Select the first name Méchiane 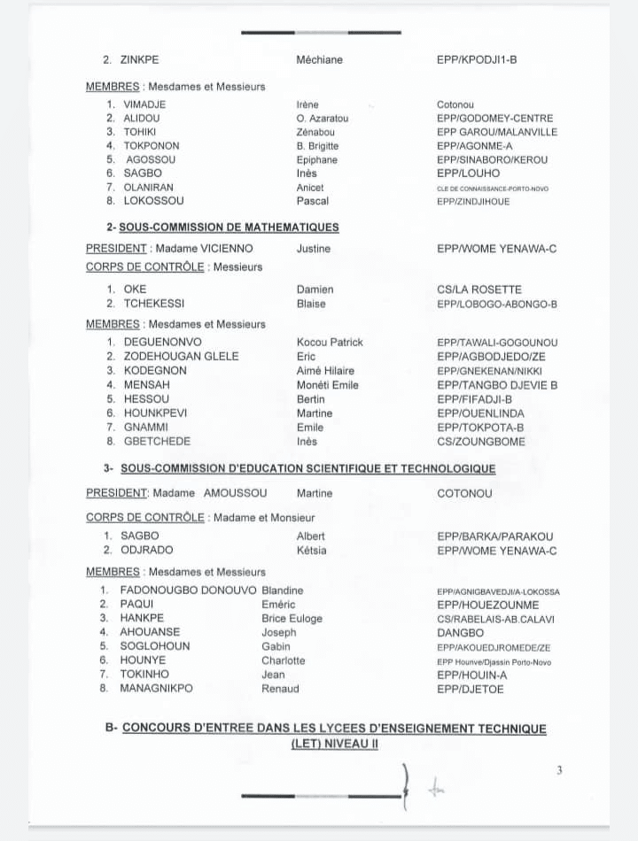[319, 60]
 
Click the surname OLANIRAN [149, 188]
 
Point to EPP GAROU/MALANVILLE [497, 132]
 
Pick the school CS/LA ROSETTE [479, 289]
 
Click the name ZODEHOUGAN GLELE [182, 357]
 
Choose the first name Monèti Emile [327, 385]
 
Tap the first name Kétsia [311, 550]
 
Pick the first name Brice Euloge [292, 618]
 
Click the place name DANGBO [461, 633]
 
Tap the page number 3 [559, 770]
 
